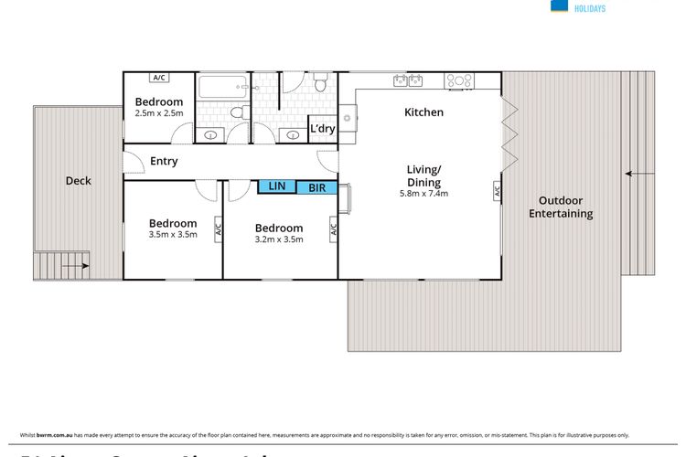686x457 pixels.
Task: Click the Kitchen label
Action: (x=423, y=112)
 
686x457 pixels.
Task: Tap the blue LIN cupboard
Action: (x=276, y=186)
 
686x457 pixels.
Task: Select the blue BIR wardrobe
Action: (x=316, y=187)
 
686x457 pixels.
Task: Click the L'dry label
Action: (x=322, y=129)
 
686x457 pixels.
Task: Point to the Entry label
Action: (x=164, y=162)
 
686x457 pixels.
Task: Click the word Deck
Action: (x=79, y=181)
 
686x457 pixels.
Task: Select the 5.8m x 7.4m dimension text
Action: (x=424, y=195)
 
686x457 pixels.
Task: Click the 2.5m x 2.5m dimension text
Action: (x=159, y=113)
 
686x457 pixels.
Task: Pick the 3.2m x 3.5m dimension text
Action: (x=279, y=239)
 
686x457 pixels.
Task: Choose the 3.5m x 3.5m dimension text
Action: (x=173, y=235)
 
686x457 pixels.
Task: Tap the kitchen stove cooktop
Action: (x=457, y=80)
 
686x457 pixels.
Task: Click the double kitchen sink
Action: (x=407, y=80)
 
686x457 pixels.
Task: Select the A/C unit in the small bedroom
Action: (x=159, y=77)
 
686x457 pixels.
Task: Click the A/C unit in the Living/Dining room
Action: (x=497, y=192)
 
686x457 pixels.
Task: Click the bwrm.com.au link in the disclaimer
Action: (x=53, y=434)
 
